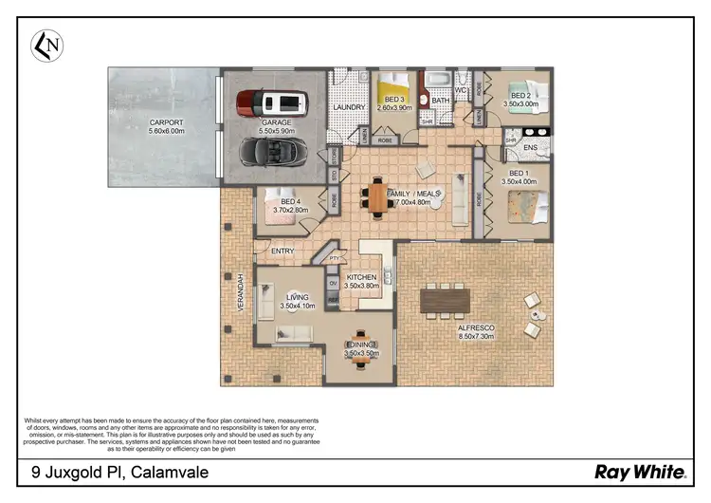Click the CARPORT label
166,122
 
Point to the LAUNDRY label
349,107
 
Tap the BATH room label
441,100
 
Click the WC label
462,90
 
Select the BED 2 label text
520,95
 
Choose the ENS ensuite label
531,147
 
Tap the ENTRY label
283,251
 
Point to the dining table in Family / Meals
377,196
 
